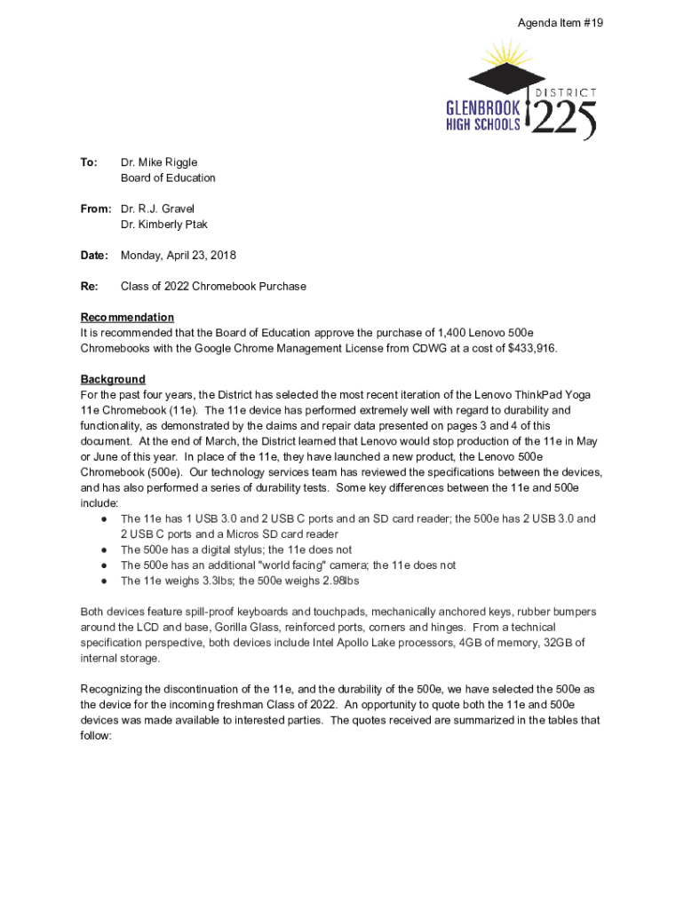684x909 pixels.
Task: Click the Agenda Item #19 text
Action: [561, 23]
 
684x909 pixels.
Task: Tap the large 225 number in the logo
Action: [564, 119]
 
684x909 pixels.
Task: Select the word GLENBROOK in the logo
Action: [482, 107]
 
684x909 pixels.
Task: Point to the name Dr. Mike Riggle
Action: [159, 162]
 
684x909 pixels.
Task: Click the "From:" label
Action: [95, 209]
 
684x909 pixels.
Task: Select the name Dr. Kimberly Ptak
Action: [164, 225]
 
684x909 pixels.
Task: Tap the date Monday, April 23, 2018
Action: [179, 256]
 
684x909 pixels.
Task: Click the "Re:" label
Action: [89, 287]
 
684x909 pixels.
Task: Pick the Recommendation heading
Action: [127, 318]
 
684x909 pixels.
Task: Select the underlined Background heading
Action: [113, 380]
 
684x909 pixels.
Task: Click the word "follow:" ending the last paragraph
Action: [96, 736]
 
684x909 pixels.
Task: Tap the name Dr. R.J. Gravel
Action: [157, 209]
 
